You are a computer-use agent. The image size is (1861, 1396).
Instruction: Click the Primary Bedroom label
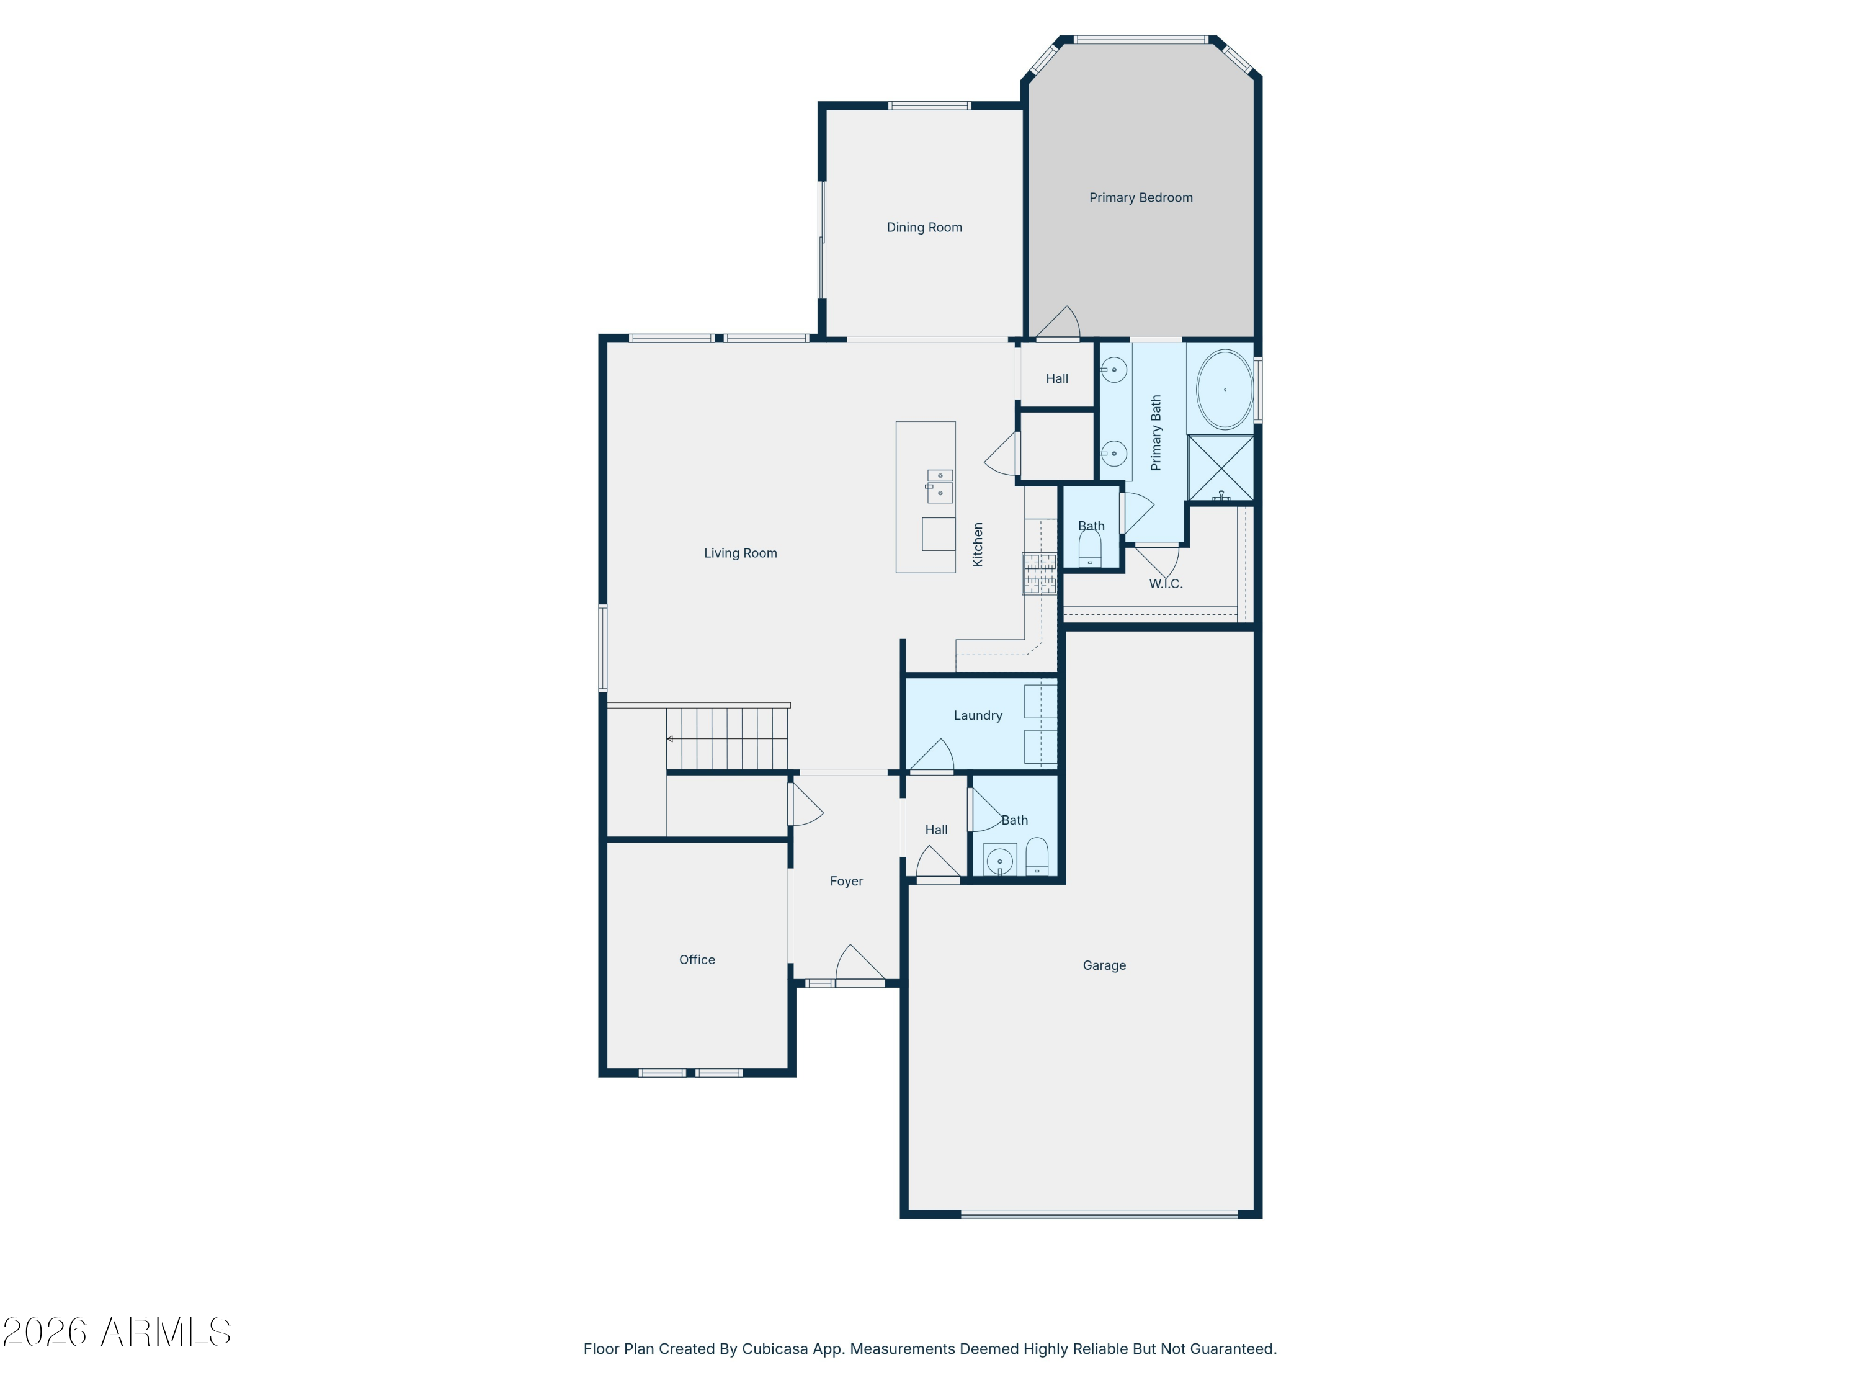coord(1140,198)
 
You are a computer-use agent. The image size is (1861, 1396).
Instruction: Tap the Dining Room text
coord(924,227)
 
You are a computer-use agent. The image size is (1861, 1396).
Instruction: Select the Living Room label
coord(740,553)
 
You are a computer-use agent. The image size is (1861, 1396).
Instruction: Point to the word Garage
coord(1104,965)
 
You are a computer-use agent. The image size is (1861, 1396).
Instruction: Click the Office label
coord(697,959)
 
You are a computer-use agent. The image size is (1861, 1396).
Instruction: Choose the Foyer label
coord(846,881)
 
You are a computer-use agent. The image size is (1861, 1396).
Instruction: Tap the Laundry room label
coord(978,715)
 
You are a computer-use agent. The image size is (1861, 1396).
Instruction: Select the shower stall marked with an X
coord(1220,468)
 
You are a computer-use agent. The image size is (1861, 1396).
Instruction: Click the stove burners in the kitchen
coord(1039,573)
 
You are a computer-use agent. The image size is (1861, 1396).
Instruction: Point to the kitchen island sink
coord(939,486)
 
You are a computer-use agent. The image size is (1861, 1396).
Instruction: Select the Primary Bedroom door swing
coord(1058,323)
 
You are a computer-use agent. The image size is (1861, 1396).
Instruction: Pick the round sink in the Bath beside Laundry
coord(999,861)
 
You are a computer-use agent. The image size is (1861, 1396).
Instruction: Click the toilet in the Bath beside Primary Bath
coord(1089,548)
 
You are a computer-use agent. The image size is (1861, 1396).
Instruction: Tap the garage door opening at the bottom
coord(1099,1214)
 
